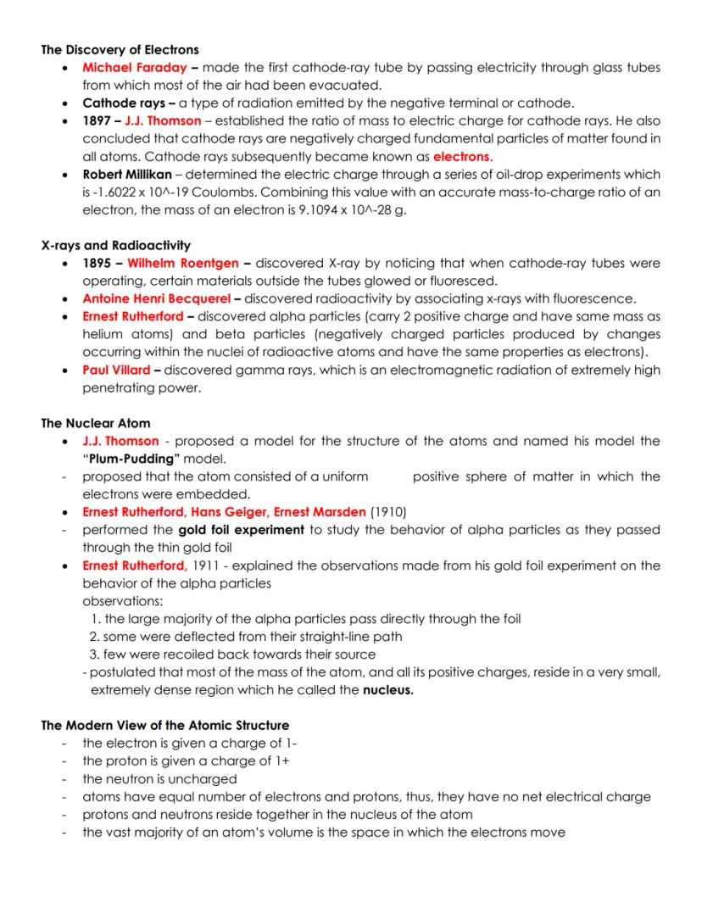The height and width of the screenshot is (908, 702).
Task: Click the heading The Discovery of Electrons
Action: (120, 50)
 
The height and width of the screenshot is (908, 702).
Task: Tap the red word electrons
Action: (461, 157)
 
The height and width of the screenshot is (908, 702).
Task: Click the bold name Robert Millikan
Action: (125, 175)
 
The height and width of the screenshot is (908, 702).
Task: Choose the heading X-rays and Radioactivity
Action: (116, 246)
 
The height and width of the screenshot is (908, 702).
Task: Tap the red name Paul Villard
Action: (116, 370)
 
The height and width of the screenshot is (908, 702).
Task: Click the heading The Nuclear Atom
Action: (96, 423)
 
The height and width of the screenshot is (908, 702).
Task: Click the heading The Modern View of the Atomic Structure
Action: (164, 726)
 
